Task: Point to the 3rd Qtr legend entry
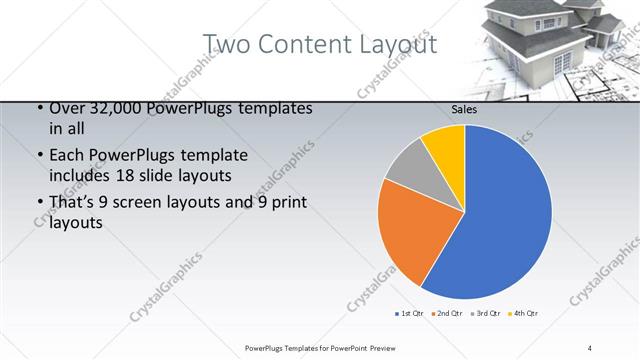pyautogui.click(x=487, y=314)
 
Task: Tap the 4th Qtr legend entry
pyautogui.click(x=525, y=314)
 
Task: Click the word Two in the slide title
pyautogui.click(x=229, y=45)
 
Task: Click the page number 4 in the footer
pyautogui.click(x=590, y=347)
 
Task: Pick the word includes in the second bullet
pyautogui.click(x=79, y=176)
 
